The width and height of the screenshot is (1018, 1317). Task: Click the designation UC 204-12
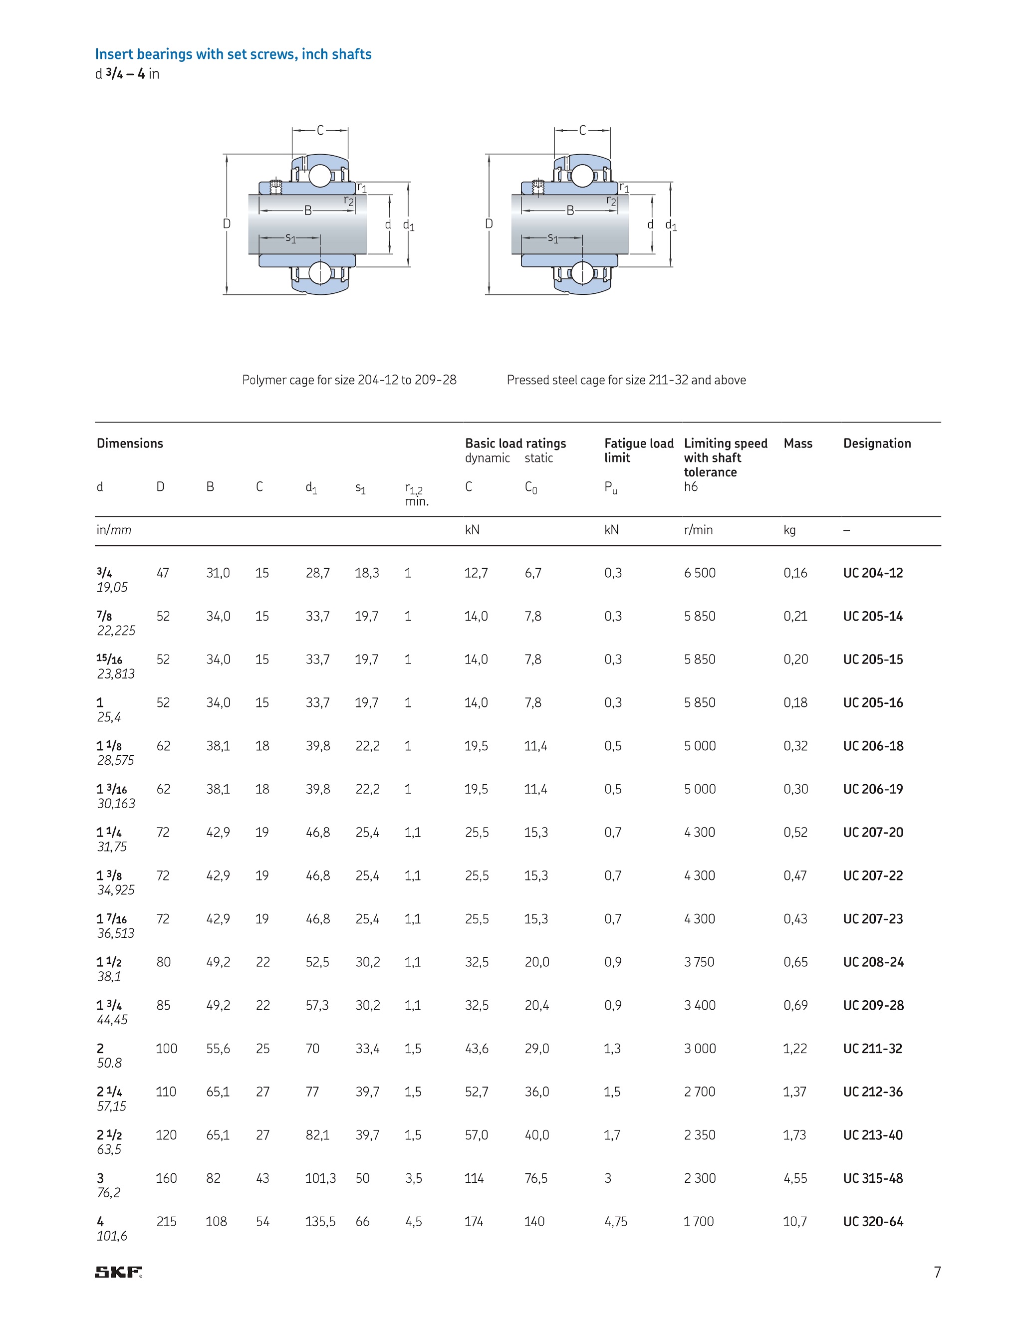point(873,573)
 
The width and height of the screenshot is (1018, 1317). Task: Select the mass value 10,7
point(795,1222)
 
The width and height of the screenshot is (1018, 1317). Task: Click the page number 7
point(937,1272)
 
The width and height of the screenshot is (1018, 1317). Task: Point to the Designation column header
point(877,443)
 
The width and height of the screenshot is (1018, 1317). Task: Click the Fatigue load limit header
point(638,450)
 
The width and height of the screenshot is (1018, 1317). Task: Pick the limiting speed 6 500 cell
point(700,573)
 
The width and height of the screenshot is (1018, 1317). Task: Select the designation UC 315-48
point(873,1178)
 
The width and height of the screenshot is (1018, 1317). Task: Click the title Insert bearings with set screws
point(233,54)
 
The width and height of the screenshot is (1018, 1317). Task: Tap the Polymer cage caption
point(349,380)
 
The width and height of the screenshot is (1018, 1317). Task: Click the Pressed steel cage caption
point(626,380)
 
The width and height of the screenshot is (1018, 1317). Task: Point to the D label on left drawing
point(227,223)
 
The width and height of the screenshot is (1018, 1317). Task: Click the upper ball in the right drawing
point(582,176)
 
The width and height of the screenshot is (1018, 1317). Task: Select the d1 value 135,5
point(320,1222)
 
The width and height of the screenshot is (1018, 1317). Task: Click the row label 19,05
point(112,587)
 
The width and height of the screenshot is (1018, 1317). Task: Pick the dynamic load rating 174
point(474,1222)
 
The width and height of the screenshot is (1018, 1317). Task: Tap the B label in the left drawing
point(307,211)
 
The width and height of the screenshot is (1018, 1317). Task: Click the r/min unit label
point(698,530)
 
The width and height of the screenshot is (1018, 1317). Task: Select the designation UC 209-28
point(873,1005)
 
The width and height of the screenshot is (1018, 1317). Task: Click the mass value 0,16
point(795,573)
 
